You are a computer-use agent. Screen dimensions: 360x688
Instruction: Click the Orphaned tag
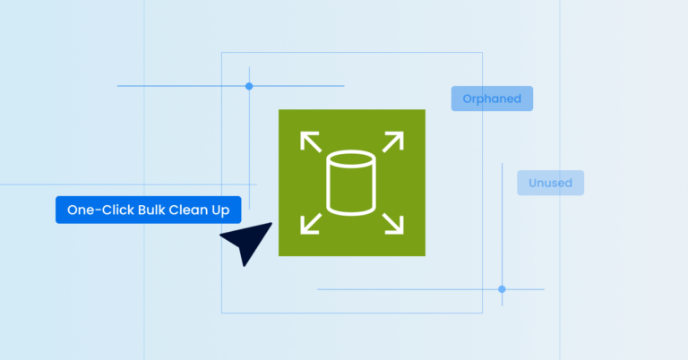pos(492,99)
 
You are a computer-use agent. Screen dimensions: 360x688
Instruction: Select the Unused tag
pos(550,183)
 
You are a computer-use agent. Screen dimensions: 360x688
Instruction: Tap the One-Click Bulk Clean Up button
pos(149,210)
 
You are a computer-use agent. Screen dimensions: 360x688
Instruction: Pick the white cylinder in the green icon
pos(351,184)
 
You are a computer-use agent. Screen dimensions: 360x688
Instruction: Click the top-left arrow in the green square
pos(310,141)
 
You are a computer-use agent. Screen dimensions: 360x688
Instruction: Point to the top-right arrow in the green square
pos(393,141)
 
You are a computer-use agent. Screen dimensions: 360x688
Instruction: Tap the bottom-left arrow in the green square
pos(310,224)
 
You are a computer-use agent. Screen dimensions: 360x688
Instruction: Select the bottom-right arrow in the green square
pos(393,224)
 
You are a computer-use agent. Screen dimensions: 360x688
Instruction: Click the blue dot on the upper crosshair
pos(249,86)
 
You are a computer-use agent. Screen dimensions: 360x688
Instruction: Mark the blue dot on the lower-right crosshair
pos(502,289)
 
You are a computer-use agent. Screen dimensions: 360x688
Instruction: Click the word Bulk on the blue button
pos(151,210)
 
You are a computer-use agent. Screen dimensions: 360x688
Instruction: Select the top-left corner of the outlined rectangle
pos(222,53)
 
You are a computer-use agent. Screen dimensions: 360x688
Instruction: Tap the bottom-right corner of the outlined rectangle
pos(482,313)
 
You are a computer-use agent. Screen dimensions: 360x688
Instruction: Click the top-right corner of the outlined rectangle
pos(482,53)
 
